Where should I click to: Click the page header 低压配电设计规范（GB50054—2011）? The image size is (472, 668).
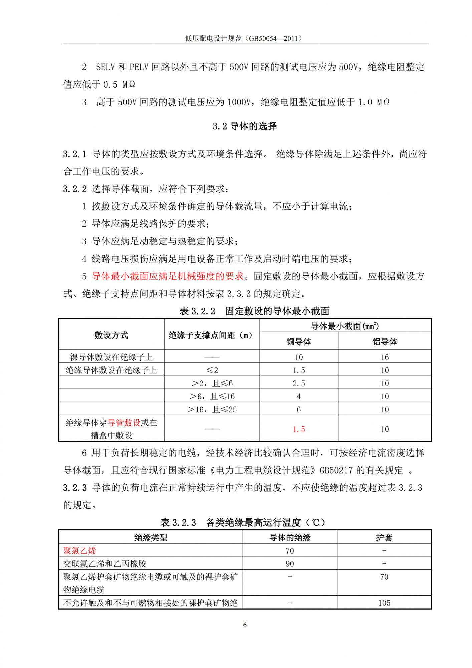[245, 38]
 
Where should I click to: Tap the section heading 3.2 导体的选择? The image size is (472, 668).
[245, 126]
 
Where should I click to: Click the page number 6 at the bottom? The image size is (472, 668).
[245, 624]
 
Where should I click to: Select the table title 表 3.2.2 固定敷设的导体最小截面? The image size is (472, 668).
[254, 311]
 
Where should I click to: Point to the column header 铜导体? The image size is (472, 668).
[299, 341]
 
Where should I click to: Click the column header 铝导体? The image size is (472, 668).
[385, 341]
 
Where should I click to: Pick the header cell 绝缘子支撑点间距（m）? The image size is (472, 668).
[211, 335]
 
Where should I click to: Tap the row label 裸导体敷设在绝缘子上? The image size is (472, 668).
[111, 357]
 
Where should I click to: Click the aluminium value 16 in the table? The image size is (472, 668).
[385, 357]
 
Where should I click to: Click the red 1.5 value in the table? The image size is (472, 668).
[299, 429]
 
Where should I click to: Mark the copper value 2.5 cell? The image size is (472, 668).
[299, 383]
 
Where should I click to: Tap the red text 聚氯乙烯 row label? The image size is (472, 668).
[80, 551]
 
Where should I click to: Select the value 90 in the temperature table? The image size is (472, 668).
[290, 564]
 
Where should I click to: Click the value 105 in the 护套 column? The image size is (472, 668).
[384, 603]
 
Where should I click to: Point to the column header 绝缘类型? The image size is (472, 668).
[151, 537]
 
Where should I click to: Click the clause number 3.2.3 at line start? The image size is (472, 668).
[75, 488]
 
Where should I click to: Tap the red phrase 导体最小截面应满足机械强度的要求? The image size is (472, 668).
[168, 276]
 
